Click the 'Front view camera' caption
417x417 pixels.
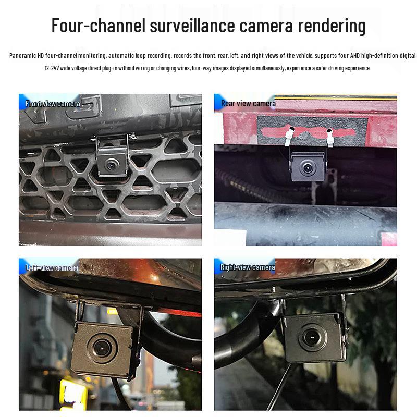(x=53, y=104)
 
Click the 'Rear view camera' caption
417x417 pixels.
(x=248, y=103)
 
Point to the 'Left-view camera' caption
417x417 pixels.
(x=52, y=268)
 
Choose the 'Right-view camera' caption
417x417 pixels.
(x=248, y=267)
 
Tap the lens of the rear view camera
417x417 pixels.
(x=307, y=168)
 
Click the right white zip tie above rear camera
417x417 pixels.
(x=329, y=137)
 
